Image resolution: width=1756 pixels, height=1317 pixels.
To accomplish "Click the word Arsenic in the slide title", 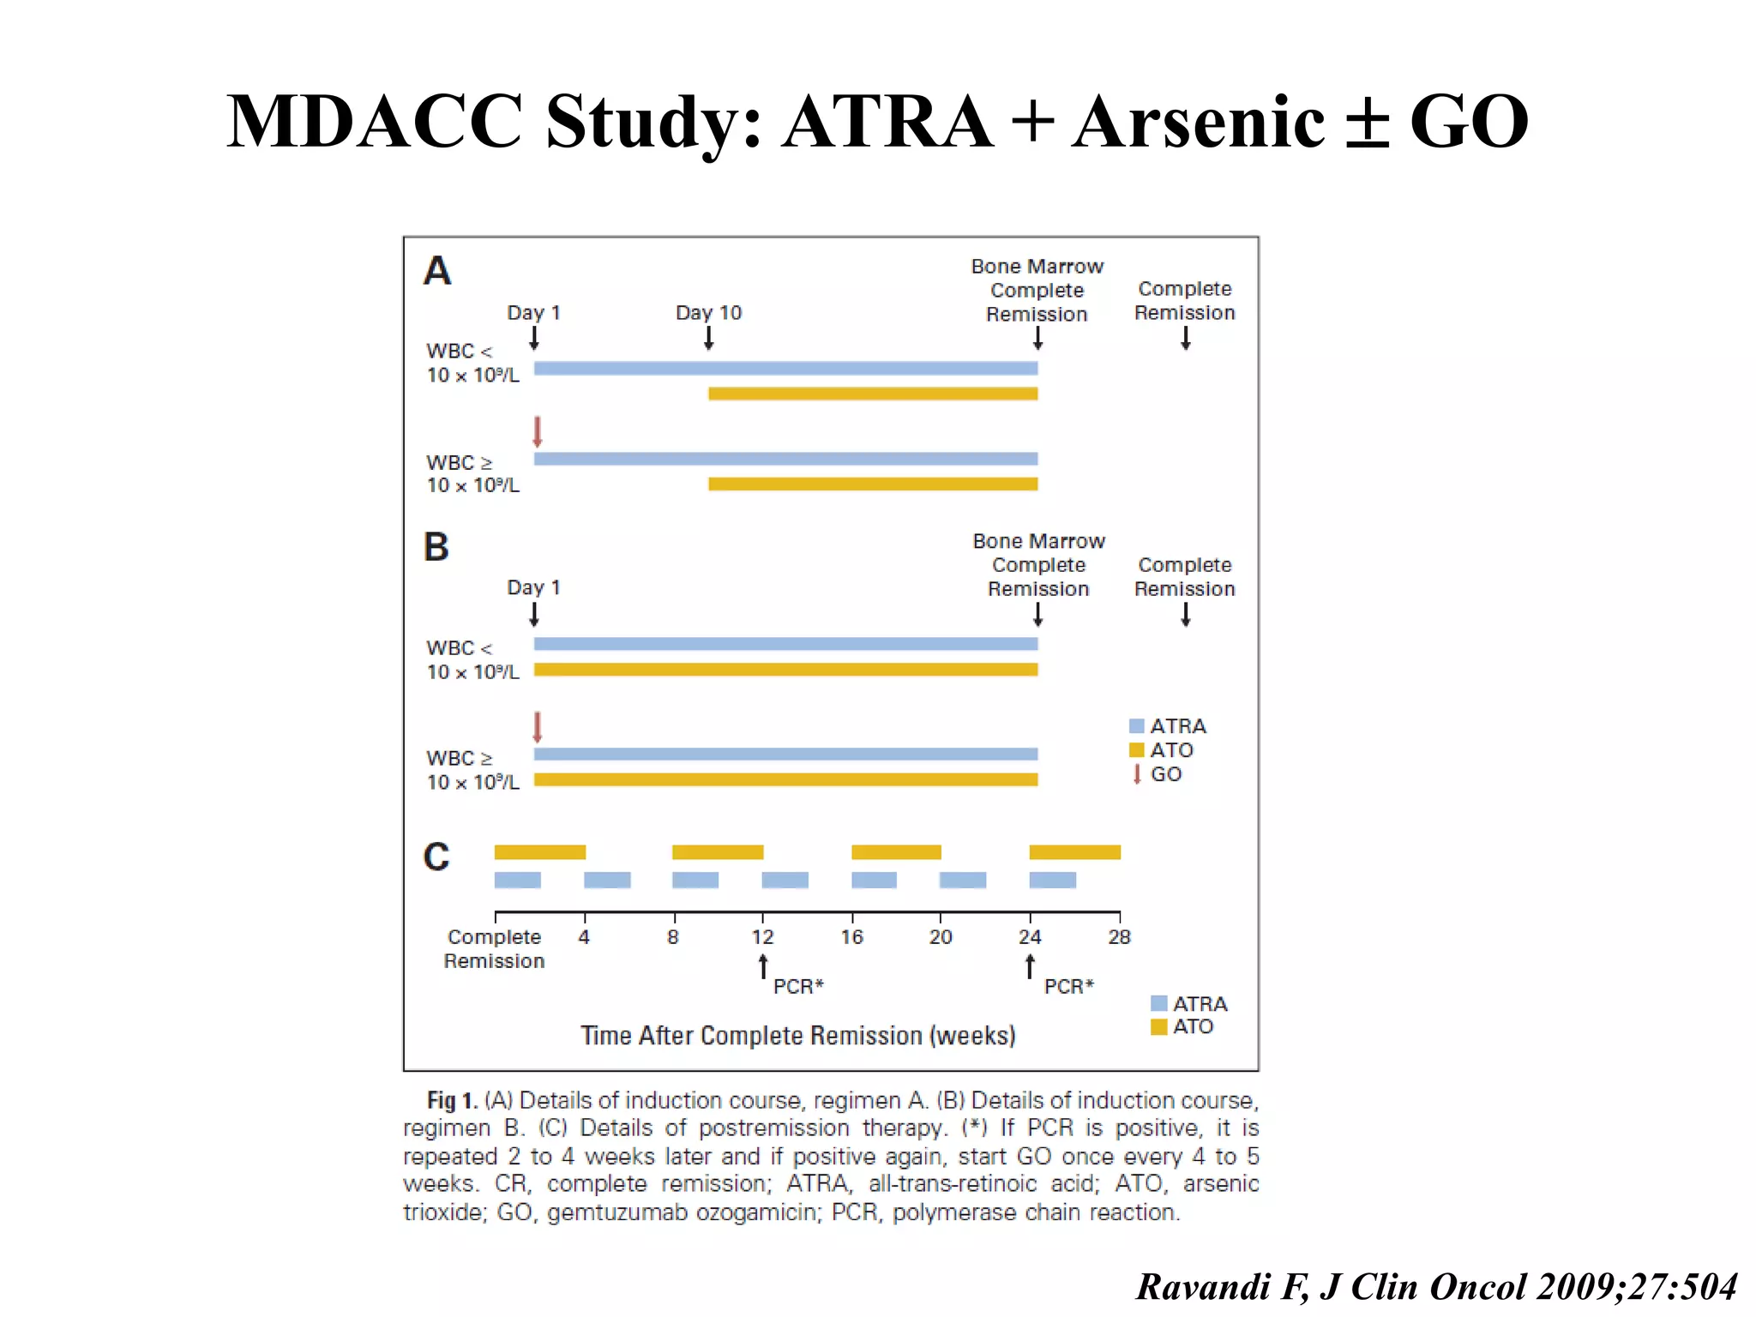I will coord(1199,122).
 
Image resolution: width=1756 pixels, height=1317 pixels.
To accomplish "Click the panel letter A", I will coord(437,272).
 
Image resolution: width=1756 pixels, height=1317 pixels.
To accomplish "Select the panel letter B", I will coord(436,547).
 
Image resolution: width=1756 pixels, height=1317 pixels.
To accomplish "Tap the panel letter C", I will coord(436,857).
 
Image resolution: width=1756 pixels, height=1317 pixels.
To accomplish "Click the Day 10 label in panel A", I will coord(708,313).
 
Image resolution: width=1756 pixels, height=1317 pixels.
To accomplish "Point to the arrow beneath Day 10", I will coord(708,339).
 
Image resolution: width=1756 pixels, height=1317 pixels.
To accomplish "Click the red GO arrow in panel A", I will coord(538,431).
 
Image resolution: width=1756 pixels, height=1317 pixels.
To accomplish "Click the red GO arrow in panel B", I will coord(538,727).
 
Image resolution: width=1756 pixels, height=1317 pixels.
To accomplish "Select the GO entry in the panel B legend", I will coord(1158,774).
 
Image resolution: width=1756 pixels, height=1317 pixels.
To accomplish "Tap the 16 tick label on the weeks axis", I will coord(851,937).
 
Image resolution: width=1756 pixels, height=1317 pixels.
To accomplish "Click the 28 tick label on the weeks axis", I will coord(1119,937).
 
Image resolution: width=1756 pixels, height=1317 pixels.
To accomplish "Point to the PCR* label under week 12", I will coord(798,987).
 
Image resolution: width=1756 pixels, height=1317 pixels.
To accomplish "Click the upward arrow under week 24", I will coord(1030,967).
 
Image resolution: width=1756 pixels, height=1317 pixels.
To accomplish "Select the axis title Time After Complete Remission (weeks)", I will coord(798,1036).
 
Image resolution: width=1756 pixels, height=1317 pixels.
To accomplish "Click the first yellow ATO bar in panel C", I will coord(540,852).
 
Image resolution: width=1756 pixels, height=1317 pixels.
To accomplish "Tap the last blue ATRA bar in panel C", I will coord(1052,881).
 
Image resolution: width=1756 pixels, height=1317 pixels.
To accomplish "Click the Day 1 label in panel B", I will coord(533,588).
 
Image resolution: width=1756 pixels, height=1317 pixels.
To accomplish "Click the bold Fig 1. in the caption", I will coord(453,1101).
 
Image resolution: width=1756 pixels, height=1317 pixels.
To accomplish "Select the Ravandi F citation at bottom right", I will coord(1436,1287).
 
